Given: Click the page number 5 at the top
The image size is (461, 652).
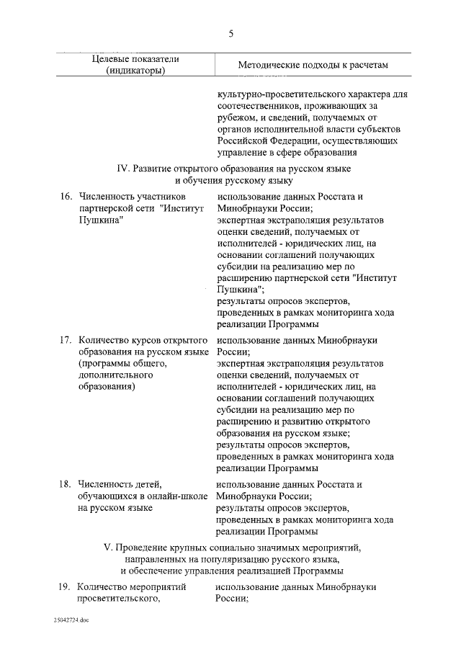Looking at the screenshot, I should [x=230, y=34].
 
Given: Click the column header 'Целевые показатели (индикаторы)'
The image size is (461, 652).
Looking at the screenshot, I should [x=135, y=64].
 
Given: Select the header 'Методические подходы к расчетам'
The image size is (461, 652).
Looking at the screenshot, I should [x=313, y=65].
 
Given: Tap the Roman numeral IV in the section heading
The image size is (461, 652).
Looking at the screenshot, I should [x=122, y=169].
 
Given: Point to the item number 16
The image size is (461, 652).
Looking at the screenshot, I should [x=65, y=196].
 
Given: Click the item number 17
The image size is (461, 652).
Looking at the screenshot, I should [x=65, y=339].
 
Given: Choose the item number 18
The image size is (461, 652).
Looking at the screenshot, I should [x=65, y=483].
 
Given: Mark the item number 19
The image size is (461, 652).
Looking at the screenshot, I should [x=65, y=587].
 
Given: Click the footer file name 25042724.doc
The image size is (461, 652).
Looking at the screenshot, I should [x=71, y=620].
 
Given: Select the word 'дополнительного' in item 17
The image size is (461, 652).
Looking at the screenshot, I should [x=112, y=374].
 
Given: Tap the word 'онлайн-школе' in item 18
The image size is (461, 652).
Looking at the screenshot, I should [x=177, y=496].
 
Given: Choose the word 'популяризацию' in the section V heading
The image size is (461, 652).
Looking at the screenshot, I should [x=256, y=559].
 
